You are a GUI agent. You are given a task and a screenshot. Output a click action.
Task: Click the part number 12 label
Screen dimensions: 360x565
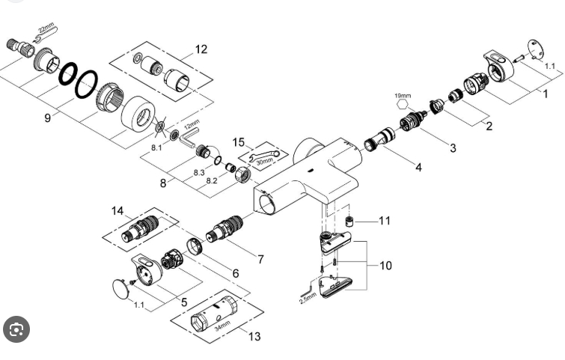[x=201, y=49]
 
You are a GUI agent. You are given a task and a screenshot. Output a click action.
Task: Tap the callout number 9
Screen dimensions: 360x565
[x=47, y=118]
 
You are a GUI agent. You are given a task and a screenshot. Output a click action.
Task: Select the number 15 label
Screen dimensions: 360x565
[x=239, y=142]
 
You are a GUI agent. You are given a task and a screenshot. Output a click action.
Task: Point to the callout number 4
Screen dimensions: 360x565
[x=418, y=167]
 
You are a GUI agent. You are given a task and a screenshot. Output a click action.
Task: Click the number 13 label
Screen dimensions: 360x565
[x=254, y=336]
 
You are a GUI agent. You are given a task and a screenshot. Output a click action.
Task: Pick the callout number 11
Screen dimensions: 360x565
[x=385, y=221]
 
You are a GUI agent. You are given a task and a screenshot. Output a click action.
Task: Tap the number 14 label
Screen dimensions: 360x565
[x=117, y=211]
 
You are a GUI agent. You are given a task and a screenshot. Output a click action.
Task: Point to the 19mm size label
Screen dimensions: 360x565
[x=403, y=96]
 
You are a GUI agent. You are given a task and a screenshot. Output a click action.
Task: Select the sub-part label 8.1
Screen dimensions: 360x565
[x=156, y=147]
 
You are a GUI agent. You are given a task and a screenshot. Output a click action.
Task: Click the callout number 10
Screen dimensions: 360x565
[x=385, y=266]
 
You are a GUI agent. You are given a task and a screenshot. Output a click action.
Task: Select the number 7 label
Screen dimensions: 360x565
[x=260, y=259]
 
